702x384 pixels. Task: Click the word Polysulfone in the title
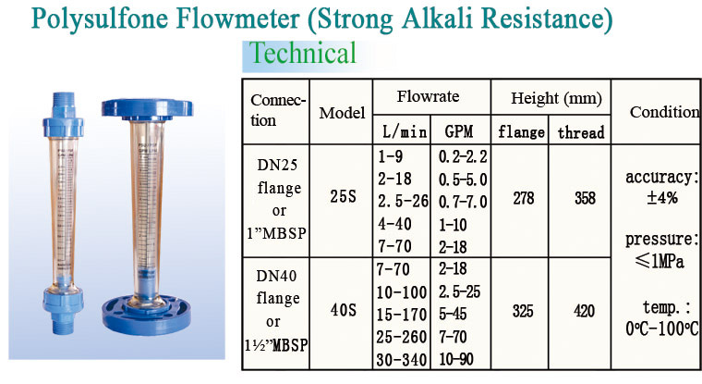100,19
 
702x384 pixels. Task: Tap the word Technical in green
303,53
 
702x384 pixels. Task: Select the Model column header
342,113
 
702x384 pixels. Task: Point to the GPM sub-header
459,131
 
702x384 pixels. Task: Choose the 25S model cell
343,196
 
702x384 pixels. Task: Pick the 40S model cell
343,310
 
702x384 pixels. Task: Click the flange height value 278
524,198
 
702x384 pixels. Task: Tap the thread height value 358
585,198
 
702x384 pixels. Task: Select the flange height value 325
523,311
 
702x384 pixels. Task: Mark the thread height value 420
585,311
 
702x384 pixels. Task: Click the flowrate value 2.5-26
403,201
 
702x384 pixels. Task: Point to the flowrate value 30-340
401,360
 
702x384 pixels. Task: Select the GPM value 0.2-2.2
463,156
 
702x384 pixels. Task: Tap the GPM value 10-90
456,359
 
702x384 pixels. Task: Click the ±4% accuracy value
662,197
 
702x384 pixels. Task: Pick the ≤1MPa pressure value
660,261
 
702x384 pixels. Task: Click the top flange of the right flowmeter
147,109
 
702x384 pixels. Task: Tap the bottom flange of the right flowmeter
146,315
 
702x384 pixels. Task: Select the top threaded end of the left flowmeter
64,105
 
